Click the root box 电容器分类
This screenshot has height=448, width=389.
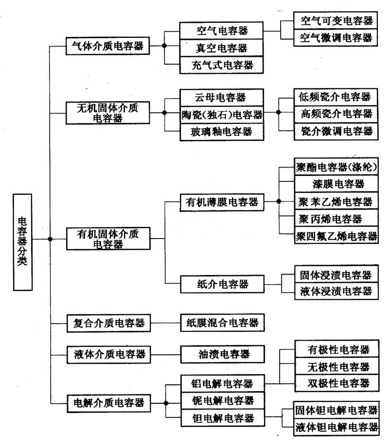point(23,241)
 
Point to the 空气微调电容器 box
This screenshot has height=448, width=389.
point(336,37)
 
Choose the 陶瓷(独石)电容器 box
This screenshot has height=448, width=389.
point(221,115)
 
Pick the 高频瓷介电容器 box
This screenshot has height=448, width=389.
point(336,114)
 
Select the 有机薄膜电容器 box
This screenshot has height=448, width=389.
point(222,201)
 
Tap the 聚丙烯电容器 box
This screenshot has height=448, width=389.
point(336,219)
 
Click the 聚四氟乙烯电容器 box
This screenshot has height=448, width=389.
point(336,236)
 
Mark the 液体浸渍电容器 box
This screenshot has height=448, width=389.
point(336,291)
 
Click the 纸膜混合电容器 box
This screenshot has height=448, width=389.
point(222,322)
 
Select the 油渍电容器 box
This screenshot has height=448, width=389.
point(222,354)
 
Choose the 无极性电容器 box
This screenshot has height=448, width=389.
point(336,366)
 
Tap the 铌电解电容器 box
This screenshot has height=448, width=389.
point(222,401)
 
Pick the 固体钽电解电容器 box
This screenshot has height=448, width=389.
point(336,410)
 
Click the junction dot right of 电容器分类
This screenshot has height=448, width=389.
point(50,239)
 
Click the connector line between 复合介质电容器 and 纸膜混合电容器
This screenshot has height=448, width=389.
point(165,322)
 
